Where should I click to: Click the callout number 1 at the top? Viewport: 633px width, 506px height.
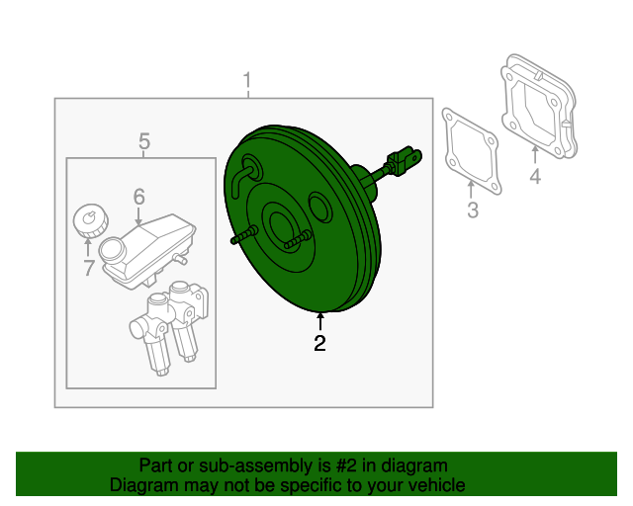tap(247, 79)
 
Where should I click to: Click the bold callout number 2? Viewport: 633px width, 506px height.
tap(319, 344)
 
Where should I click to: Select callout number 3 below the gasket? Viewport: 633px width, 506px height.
tap(472, 210)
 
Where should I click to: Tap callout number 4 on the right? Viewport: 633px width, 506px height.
tap(534, 177)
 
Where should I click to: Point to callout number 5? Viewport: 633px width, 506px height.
tap(143, 140)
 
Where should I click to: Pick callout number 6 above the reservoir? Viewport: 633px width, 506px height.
tap(138, 197)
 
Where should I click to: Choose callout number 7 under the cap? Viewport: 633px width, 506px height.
tap(88, 267)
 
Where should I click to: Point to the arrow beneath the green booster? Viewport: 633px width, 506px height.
tap(319, 321)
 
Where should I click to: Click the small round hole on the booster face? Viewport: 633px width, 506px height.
tap(318, 208)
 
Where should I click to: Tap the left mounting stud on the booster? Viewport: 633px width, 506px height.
tap(243, 236)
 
